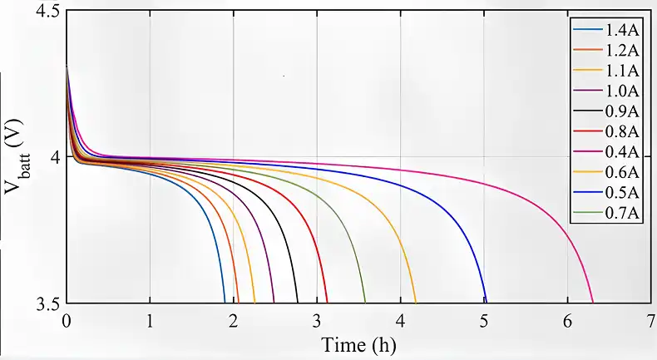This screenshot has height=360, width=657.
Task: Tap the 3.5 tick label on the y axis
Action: point(47,303)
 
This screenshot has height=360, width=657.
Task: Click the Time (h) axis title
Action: point(354,344)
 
